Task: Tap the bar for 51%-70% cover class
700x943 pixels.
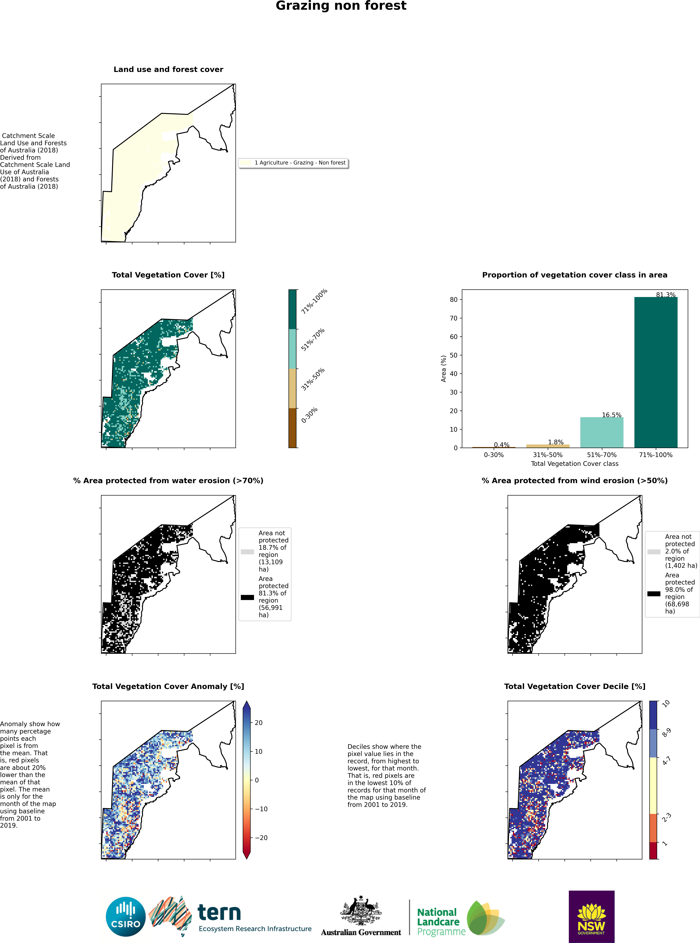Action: pyautogui.click(x=602, y=433)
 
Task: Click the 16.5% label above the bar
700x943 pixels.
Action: pyautogui.click(x=611, y=415)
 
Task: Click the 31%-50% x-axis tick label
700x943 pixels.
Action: pyautogui.click(x=547, y=455)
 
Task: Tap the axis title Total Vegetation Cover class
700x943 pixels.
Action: pyautogui.click(x=575, y=464)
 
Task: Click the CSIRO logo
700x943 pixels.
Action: pyautogui.click(x=126, y=917)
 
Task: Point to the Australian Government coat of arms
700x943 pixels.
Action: pyautogui.click(x=361, y=910)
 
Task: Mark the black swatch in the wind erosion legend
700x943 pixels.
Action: pyautogui.click(x=654, y=594)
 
